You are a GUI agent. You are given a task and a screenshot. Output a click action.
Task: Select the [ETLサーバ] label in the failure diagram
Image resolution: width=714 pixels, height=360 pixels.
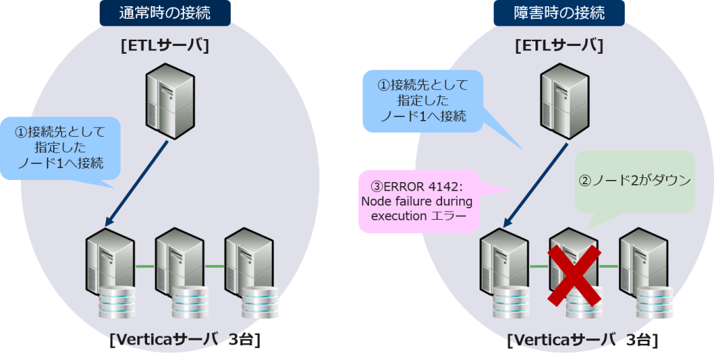pos(559,46)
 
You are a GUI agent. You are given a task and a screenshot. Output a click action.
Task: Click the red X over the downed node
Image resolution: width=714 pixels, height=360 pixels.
pos(574,276)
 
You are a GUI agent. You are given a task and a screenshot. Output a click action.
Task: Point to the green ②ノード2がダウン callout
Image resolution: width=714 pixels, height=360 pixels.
pos(635,181)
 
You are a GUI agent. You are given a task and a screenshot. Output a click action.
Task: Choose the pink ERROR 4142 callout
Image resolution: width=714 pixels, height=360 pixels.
pos(416,202)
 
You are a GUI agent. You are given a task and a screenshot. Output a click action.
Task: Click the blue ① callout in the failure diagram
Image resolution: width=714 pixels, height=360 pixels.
pos(423,100)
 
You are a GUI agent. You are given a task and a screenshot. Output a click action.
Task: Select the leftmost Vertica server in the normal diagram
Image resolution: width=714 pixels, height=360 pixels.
pos(110,262)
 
